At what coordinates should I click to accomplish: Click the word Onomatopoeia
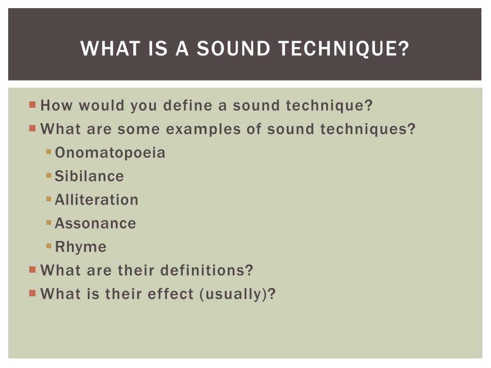pyautogui.click(x=110, y=153)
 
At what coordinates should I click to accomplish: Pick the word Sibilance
pyautogui.click(x=89, y=176)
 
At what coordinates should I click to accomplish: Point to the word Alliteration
pyautogui.click(x=96, y=200)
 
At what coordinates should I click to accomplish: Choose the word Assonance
pyautogui.click(x=95, y=223)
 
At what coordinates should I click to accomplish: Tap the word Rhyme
pyautogui.click(x=81, y=247)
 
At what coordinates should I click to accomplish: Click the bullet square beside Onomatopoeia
pyautogui.click(x=49, y=152)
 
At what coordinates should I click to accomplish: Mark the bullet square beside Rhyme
pyautogui.click(x=49, y=246)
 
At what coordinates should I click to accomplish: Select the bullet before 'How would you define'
pyautogui.click(x=32, y=104)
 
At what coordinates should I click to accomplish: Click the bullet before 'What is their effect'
pyautogui.click(x=32, y=292)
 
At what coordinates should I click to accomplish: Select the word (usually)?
pyautogui.click(x=238, y=294)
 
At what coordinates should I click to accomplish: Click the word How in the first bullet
pyautogui.click(x=57, y=105)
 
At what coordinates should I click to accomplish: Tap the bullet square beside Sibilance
pyautogui.click(x=49, y=175)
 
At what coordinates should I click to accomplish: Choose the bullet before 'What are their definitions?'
pyautogui.click(x=32, y=269)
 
